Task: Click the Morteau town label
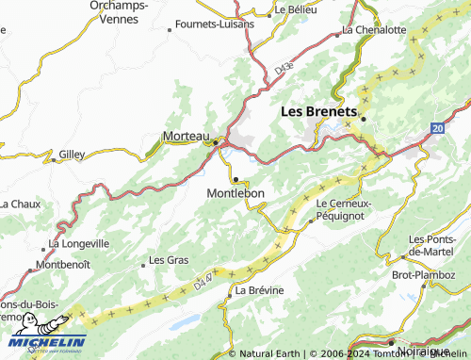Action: [x=186, y=136]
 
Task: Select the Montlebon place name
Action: [x=235, y=193]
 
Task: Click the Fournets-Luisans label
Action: [x=215, y=24]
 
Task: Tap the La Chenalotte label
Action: [x=374, y=29]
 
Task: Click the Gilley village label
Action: [x=72, y=154]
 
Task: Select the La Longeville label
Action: [x=79, y=243]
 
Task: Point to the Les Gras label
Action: [x=170, y=259]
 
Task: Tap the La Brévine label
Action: [x=259, y=290]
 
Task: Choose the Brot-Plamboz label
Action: [x=422, y=274]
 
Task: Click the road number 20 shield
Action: [x=438, y=126]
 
